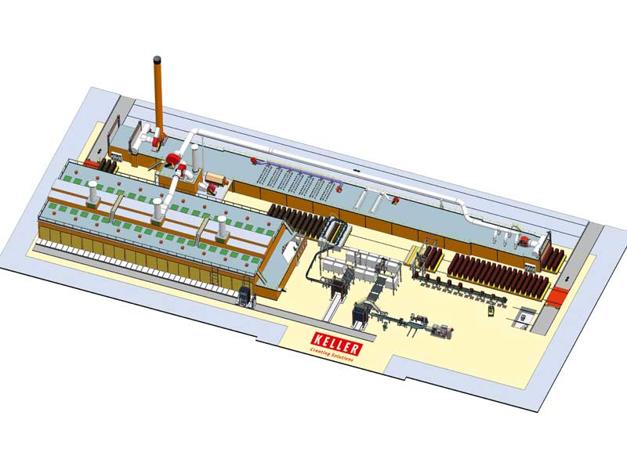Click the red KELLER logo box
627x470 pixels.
pos(337,343)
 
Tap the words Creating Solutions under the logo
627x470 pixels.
pos(332,356)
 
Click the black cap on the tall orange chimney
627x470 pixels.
pos(158,60)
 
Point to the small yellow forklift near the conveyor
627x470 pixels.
pos(491,309)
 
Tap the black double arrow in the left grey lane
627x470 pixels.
pos(100,152)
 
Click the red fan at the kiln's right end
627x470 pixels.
pos(523,241)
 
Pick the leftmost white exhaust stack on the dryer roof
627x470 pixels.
pos(92,193)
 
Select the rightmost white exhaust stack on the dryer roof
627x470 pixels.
pos(222,228)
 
